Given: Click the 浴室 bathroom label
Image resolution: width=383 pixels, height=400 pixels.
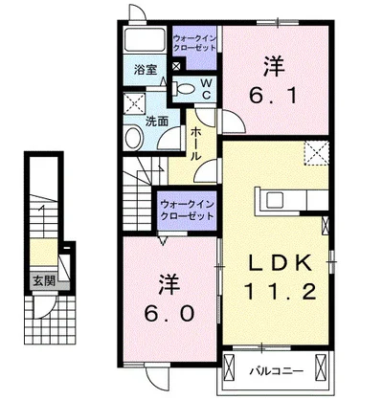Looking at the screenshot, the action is click(146, 70).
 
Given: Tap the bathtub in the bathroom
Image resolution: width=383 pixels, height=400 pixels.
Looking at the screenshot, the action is click(145, 40).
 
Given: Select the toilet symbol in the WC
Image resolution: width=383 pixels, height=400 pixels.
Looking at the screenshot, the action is click(183, 89).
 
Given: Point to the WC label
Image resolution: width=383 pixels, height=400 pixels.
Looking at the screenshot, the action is click(207, 89).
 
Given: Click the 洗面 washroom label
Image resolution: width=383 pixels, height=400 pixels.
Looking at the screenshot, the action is click(157, 122).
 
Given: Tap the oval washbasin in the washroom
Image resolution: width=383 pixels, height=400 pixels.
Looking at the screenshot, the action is click(134, 138).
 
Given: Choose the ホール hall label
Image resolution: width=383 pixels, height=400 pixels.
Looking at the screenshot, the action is click(195, 144).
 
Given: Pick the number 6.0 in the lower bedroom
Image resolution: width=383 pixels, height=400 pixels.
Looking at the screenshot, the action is click(169, 313).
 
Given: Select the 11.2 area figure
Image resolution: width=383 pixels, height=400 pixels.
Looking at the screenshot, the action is click(281, 291).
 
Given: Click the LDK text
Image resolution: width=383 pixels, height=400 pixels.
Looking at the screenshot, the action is click(280, 263).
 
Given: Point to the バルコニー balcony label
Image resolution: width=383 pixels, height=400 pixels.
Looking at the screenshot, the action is click(276, 371).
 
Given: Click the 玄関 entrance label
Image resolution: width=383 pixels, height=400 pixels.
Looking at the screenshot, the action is click(45, 281).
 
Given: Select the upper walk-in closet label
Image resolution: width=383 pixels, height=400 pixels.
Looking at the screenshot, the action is click(194, 43).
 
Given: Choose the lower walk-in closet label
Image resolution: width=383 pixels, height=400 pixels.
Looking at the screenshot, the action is click(187, 210).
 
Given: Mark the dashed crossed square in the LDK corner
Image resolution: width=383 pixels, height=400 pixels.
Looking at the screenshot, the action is click(316, 153).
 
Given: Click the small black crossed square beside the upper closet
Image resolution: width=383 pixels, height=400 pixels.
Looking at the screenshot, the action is click(176, 66).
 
